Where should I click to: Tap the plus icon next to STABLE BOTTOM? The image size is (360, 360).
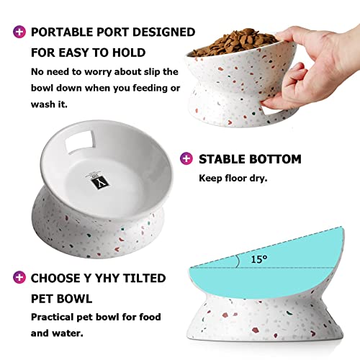click(x=186, y=159)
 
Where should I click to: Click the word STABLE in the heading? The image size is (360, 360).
click(x=222, y=159)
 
